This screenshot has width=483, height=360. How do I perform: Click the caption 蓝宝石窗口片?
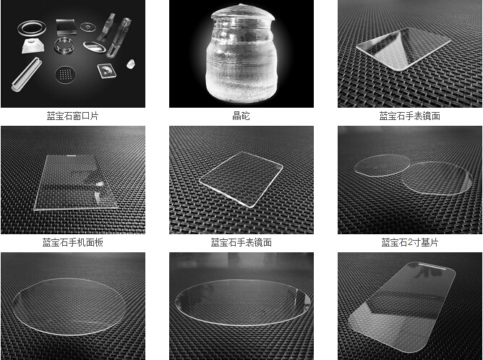tap(72, 116)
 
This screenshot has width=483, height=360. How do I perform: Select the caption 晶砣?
tap(241, 116)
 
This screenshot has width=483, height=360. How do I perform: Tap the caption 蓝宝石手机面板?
tap(73, 243)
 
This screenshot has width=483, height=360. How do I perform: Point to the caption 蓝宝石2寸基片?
tap(410, 243)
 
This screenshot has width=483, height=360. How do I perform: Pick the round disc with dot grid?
tap(65, 74)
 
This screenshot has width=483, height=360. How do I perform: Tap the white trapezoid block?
tap(33, 46)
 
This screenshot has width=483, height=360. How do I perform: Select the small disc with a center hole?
tap(88, 27)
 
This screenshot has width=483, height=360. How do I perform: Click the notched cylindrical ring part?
tap(64, 46)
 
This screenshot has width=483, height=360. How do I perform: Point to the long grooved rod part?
tap(26, 74)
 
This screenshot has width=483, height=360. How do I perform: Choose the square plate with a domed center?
tap(107, 71)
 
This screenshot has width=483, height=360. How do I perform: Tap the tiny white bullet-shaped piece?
tap(131, 64)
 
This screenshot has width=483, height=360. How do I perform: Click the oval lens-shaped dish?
tap(94, 46)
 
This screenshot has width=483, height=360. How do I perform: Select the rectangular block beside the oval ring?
tap(66, 27)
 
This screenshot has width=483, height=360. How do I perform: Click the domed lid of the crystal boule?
tap(243, 14)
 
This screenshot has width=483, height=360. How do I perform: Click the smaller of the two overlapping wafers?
tap(381, 165)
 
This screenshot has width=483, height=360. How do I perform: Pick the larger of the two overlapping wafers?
tap(437, 179)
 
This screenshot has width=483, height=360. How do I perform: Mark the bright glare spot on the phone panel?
tap(100, 184)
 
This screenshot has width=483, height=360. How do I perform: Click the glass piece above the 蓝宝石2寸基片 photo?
tap(403, 49)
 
